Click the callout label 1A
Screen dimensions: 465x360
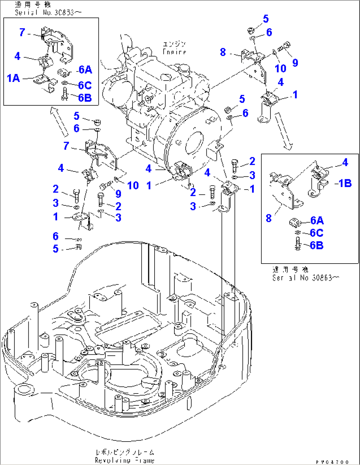click(x=14, y=78)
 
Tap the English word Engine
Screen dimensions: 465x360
click(x=174, y=52)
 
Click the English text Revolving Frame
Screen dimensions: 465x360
click(x=125, y=460)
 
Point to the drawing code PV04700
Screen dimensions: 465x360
click(x=332, y=462)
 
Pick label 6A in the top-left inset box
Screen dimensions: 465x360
click(x=85, y=70)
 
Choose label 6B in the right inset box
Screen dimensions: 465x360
click(x=316, y=245)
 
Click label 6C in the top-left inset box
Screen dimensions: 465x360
click(x=85, y=86)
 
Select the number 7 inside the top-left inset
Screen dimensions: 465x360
click(x=22, y=32)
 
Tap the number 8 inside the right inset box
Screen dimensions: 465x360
click(x=269, y=218)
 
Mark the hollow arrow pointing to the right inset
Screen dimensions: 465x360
click(x=283, y=131)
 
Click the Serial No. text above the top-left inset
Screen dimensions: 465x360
click(x=48, y=13)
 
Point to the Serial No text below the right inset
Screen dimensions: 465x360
click(x=305, y=278)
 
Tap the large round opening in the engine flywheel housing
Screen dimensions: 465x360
click(x=195, y=143)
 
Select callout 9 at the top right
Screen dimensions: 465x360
click(x=295, y=63)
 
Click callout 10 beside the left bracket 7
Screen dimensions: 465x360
click(x=133, y=186)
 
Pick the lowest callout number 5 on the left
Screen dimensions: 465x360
click(x=56, y=249)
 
